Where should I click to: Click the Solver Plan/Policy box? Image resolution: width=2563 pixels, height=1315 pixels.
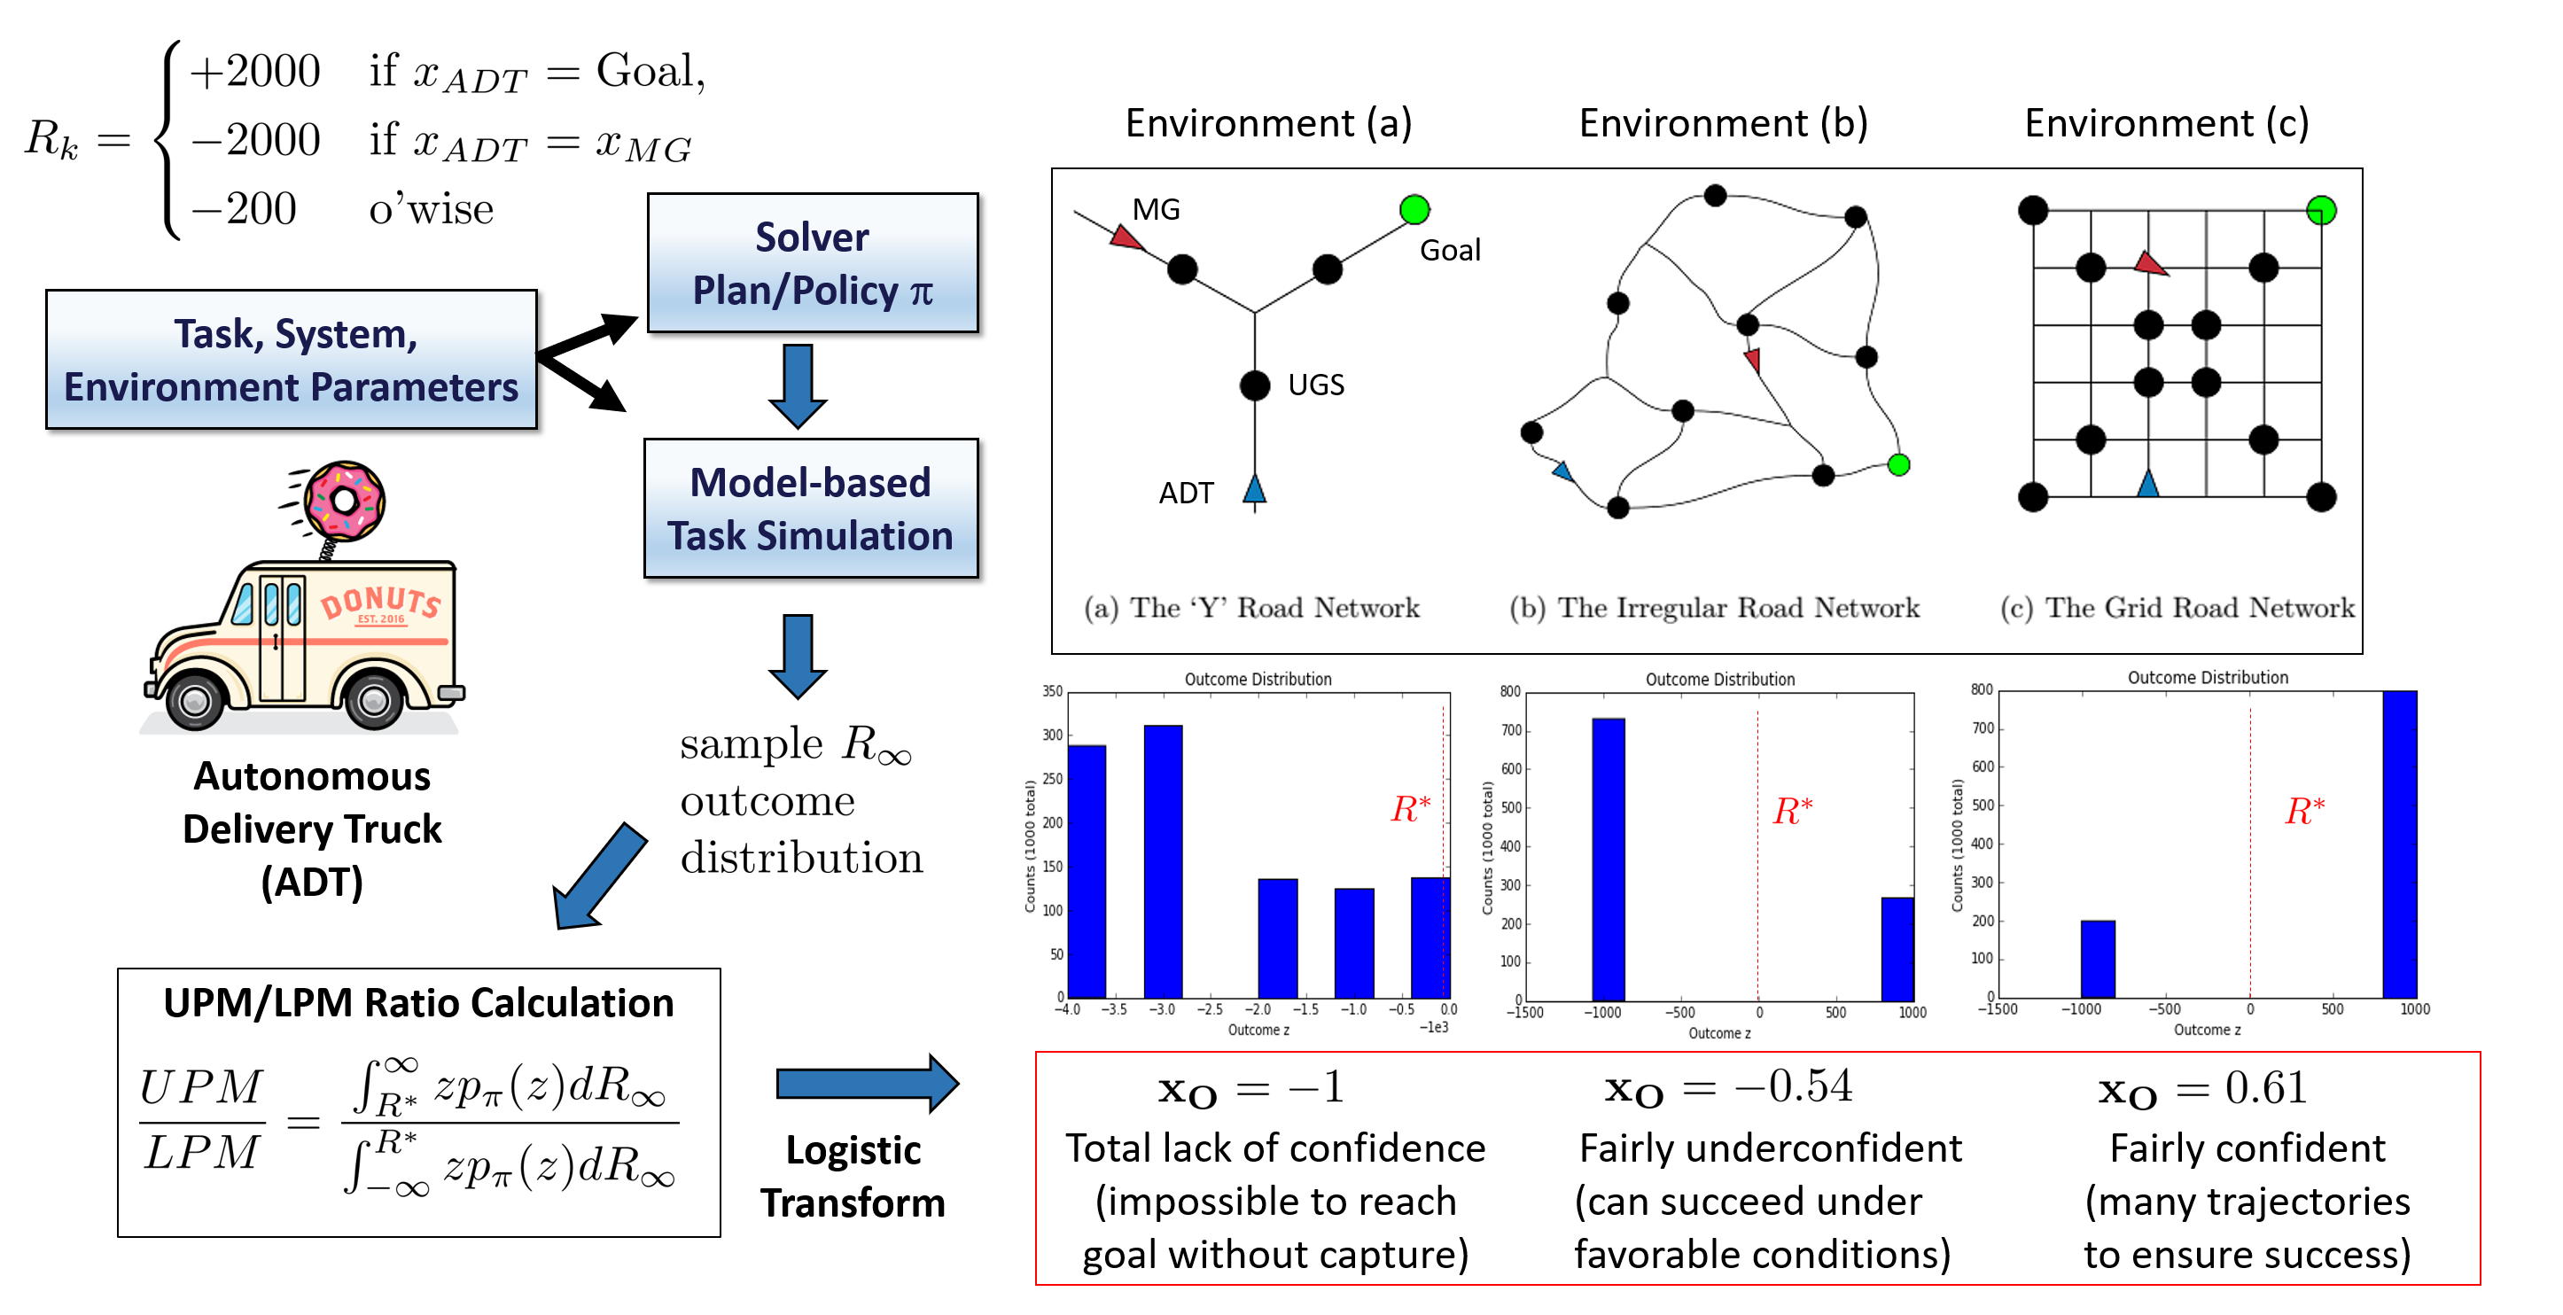coord(812,262)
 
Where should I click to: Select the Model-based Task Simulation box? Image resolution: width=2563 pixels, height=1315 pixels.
coord(811,509)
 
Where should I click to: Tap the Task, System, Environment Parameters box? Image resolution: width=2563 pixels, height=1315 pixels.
coord(292,359)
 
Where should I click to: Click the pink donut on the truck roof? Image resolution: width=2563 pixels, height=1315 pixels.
coord(344,500)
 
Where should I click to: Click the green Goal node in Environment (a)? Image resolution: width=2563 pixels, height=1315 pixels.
coord(1414,210)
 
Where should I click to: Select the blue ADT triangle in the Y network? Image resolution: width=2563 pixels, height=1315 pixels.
coord(1255,489)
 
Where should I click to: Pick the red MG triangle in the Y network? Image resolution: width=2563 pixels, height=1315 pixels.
coord(1126,237)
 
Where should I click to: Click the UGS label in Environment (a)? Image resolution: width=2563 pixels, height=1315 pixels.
coord(1315,385)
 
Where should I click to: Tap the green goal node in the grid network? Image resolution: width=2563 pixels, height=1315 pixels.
coord(2320,210)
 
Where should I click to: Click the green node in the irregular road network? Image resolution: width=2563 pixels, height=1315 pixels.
coord(1898,464)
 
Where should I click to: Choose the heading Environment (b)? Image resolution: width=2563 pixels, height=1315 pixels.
coord(1723,123)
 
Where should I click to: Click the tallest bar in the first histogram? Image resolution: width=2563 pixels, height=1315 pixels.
coord(1163,860)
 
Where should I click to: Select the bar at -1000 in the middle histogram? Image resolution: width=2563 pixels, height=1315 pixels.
coord(1608,859)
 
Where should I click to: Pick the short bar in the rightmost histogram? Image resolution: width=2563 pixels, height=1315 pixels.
coord(2098,959)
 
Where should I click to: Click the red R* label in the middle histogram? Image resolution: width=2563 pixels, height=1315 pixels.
coord(1793,811)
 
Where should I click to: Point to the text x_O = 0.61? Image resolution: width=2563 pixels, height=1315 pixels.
coord(2203,1088)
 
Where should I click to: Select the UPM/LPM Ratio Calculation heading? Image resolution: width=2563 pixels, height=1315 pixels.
coord(419,1003)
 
